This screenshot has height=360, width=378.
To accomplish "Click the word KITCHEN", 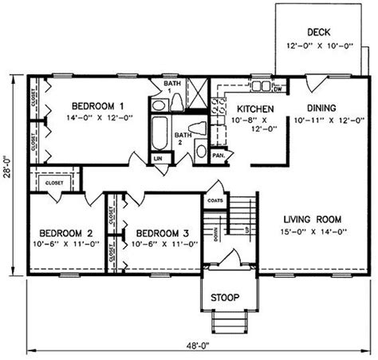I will [255, 109].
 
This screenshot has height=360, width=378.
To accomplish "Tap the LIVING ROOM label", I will [312, 219].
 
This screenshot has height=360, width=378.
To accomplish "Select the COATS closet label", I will [213, 201].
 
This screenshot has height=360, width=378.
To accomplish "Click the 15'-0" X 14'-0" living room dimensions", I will [312, 232].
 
